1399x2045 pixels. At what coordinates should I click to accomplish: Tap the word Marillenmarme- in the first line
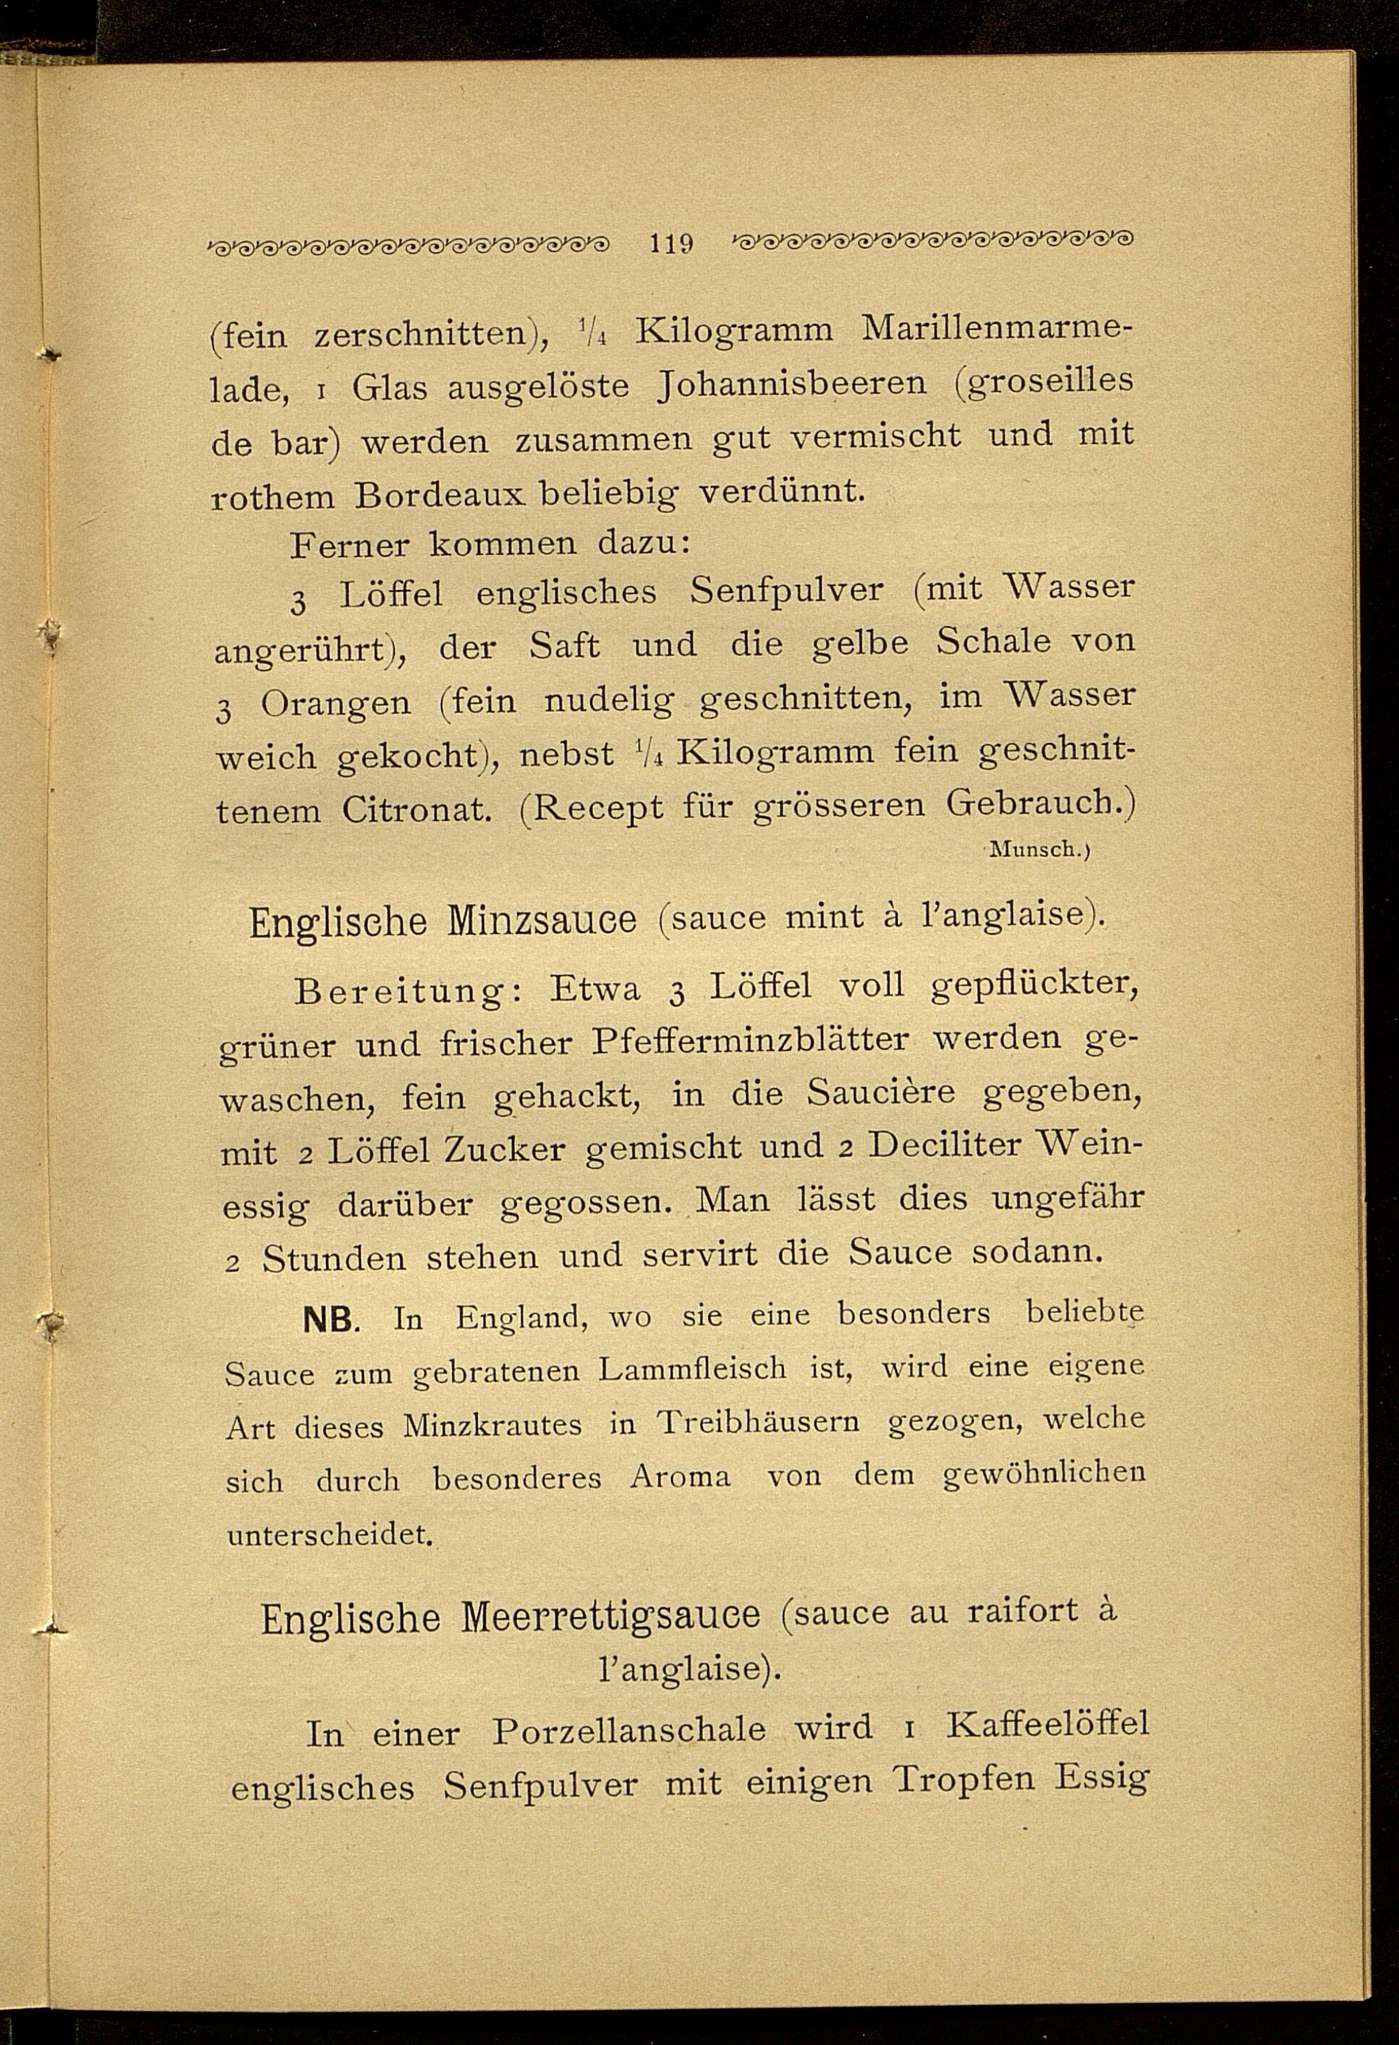point(996,328)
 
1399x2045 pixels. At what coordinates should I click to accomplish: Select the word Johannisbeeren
point(792,384)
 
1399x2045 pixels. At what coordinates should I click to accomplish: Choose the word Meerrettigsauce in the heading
point(611,1615)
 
